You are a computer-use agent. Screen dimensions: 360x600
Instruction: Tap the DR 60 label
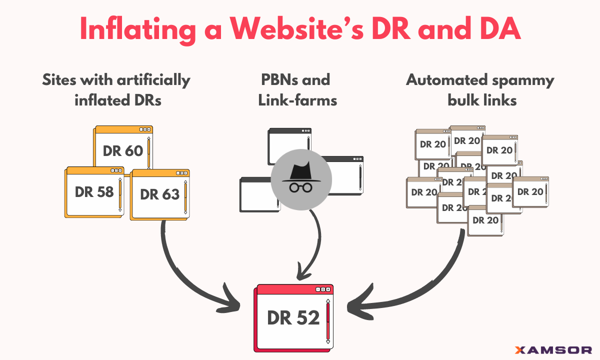point(123,150)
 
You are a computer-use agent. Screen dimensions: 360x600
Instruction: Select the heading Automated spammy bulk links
point(479,90)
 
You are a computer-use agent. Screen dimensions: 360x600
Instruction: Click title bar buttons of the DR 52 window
point(323,289)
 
